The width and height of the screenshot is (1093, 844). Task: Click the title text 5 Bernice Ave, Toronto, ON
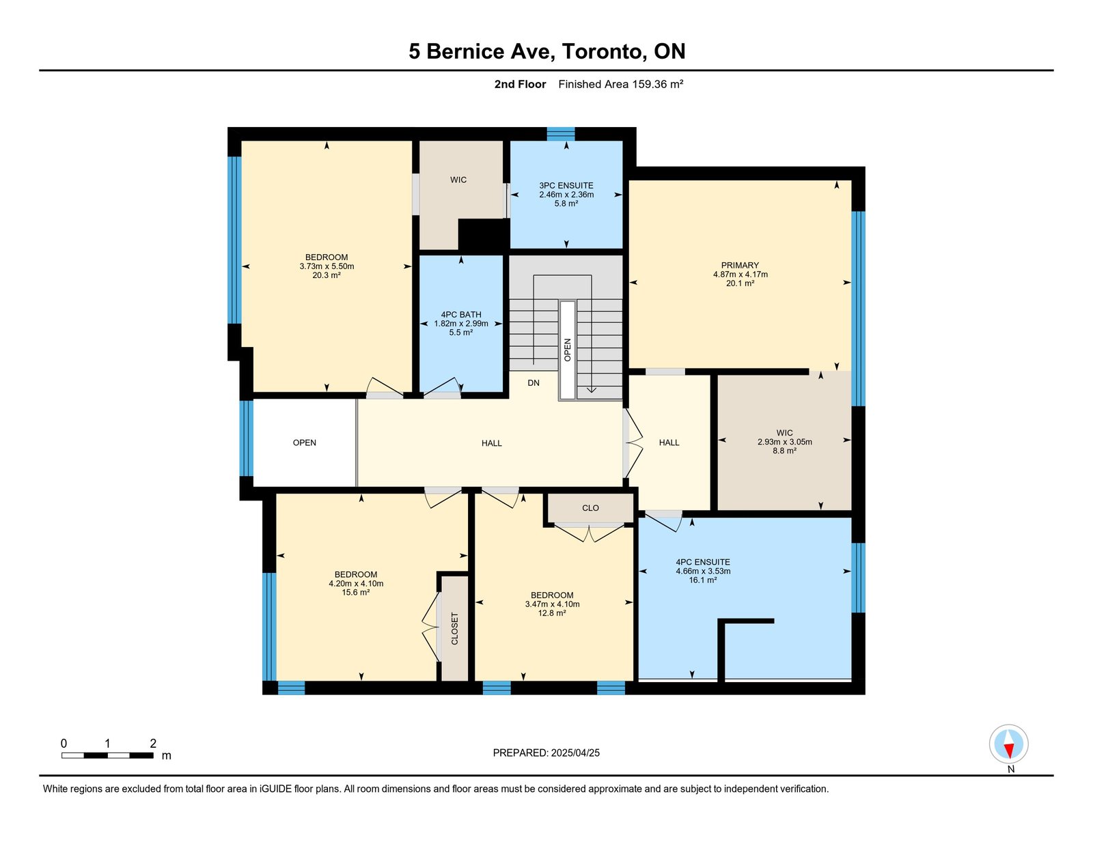(546, 51)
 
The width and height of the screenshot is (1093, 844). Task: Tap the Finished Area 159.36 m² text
(621, 84)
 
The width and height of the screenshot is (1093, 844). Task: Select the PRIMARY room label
(740, 266)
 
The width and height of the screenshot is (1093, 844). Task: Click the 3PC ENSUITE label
(566, 186)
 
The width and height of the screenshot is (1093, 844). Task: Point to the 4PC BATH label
(461, 315)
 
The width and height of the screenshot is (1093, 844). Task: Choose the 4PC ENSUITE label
(703, 562)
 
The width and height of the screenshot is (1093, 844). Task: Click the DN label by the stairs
(534, 382)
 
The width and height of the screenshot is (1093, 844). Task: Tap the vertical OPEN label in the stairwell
(568, 350)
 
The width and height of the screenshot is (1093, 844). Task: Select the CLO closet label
(590, 508)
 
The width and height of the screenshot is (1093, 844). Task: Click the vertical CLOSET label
(455, 628)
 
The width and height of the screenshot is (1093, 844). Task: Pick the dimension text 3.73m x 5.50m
(327, 266)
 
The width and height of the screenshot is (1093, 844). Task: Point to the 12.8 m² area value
(552, 613)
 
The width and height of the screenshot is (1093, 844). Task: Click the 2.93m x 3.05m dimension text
(785, 442)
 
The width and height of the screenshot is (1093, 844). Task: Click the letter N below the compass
(1011, 769)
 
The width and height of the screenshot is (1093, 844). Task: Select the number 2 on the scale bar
(153, 744)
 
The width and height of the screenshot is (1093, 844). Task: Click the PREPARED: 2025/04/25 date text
(546, 752)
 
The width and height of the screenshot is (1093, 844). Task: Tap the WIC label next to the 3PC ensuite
(458, 180)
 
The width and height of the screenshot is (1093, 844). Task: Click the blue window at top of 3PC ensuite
(561, 134)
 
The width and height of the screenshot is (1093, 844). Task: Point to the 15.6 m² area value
(356, 593)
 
